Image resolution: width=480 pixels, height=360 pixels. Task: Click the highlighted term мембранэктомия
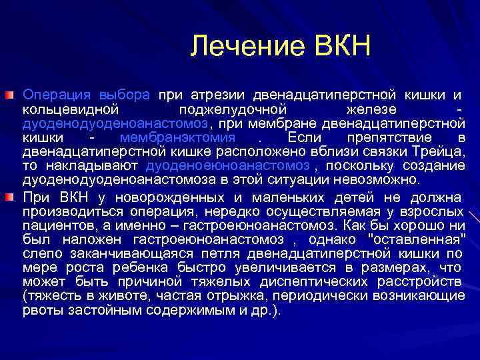pos(177,138)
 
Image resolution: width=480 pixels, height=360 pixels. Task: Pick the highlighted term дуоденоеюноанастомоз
pos(227,165)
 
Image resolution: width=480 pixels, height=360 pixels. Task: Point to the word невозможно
pos(381,179)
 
